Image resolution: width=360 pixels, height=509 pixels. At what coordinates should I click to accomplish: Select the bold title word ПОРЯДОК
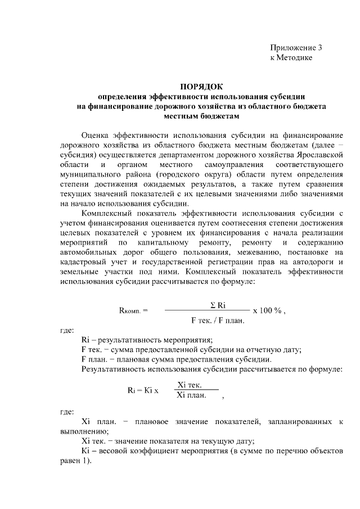(x=201, y=86)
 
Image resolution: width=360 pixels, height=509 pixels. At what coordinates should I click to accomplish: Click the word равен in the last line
(x=71, y=461)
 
